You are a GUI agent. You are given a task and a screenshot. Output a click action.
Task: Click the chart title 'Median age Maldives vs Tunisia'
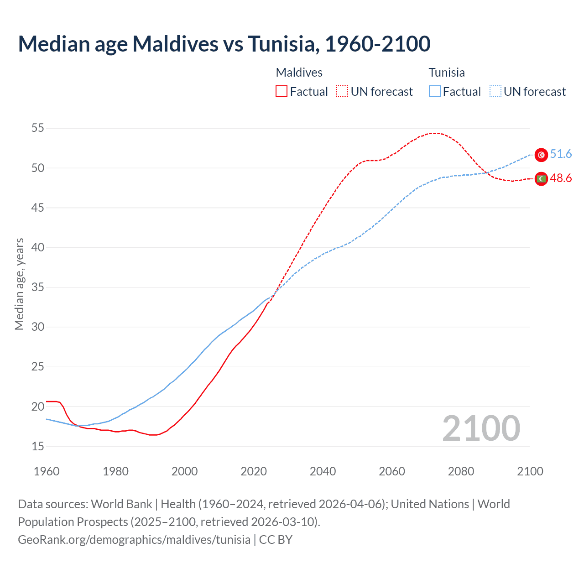(x=224, y=44)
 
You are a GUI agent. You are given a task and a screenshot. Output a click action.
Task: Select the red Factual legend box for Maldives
(x=282, y=92)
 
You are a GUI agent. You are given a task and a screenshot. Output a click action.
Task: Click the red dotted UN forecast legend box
(x=342, y=92)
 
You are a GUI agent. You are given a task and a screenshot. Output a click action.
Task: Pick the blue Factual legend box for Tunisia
(x=435, y=92)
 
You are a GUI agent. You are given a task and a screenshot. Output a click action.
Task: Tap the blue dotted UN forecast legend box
(x=495, y=92)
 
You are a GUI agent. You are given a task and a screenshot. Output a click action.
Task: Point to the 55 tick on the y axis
(x=38, y=128)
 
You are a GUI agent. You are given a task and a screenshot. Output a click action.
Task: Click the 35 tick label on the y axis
(x=38, y=287)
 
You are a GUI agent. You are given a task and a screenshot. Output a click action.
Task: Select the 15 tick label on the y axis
(x=38, y=446)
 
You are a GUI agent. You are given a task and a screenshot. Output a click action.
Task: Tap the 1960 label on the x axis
(x=47, y=471)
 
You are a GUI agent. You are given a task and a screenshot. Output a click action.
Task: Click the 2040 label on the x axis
(x=323, y=471)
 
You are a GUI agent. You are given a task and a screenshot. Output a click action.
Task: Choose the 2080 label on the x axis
(x=461, y=471)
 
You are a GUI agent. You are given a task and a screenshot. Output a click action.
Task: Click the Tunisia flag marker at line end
(x=541, y=155)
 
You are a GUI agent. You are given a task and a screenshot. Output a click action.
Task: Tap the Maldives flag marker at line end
(x=541, y=179)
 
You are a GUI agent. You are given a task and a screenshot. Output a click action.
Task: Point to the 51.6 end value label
(x=561, y=154)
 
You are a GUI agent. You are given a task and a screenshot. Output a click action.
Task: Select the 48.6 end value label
(x=561, y=178)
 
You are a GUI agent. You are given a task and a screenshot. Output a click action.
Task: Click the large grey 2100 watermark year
(x=481, y=428)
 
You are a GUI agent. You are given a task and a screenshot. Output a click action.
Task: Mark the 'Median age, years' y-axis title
(x=19, y=284)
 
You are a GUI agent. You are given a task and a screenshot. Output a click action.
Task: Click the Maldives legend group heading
(x=299, y=73)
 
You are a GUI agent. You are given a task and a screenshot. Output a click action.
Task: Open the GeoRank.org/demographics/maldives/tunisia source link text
(x=134, y=540)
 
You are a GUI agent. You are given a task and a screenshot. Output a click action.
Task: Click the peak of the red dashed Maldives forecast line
(x=434, y=133)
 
